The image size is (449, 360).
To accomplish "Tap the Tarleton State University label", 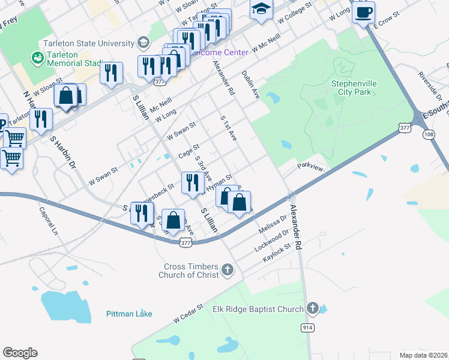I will point(88,43).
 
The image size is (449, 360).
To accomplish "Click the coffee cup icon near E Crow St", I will point(363,11).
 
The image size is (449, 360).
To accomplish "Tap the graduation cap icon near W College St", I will point(261,10).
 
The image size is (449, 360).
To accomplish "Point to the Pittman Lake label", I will point(129,314).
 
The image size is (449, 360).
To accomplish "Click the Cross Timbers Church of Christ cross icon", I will point(227,270).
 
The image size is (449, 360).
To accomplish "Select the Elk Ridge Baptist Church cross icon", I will point(312,309).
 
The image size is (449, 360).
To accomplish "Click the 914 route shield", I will point(308,327).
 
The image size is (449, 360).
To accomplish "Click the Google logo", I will point(20,353).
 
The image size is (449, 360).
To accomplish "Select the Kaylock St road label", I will point(277,253).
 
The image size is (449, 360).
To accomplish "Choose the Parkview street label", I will point(310,169).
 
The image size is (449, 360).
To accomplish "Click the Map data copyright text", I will point(424,355).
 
